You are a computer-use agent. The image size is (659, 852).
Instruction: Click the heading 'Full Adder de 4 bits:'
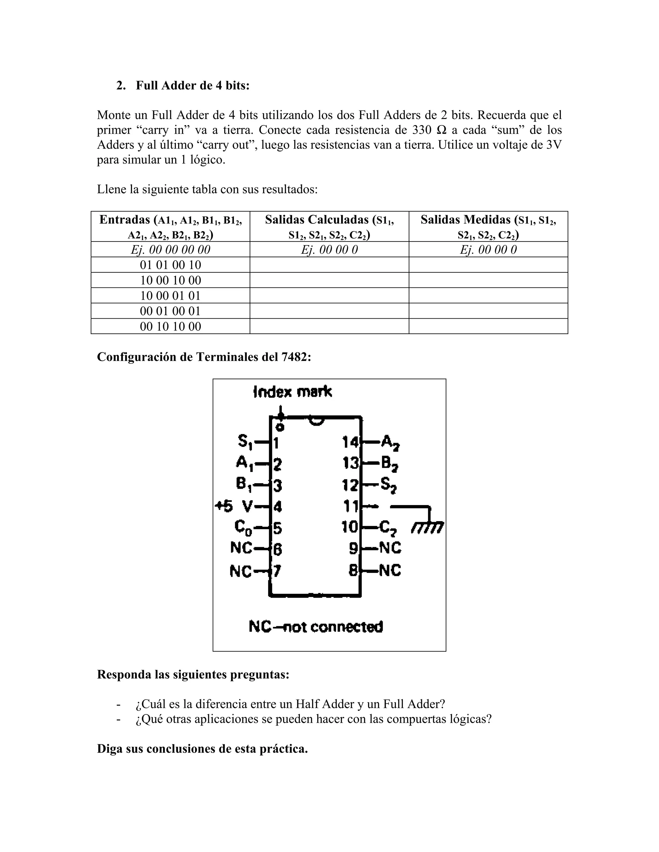point(192,86)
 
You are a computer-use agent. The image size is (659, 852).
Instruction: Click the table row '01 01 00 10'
point(170,265)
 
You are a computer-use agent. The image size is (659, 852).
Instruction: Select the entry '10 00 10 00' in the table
point(170,280)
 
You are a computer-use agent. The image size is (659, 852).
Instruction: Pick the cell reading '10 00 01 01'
point(170,296)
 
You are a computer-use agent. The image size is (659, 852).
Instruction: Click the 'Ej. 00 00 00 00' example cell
point(170,250)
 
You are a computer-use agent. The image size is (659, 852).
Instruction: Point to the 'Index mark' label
point(292,392)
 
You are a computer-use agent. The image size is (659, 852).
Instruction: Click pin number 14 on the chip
point(350,442)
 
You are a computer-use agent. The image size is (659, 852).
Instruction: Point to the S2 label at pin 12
point(388,485)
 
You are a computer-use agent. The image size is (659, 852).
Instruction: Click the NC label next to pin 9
point(390,548)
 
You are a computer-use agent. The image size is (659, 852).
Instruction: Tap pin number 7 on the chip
point(276,571)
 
